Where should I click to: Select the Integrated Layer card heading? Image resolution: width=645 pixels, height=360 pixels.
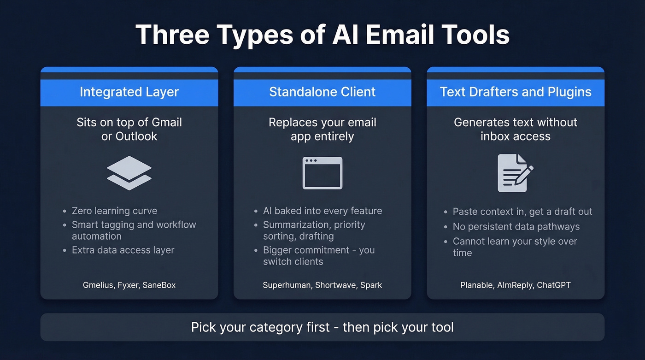pyautogui.click(x=129, y=92)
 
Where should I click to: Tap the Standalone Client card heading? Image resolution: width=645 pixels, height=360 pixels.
pyautogui.click(x=322, y=92)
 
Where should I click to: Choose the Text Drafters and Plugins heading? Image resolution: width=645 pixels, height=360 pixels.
pyautogui.click(x=516, y=92)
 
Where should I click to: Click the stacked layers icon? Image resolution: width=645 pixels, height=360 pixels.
pyautogui.click(x=129, y=173)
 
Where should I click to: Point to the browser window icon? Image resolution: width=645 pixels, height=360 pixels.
pyautogui.click(x=322, y=173)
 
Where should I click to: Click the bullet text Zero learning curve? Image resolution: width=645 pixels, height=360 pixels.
pyautogui.click(x=114, y=211)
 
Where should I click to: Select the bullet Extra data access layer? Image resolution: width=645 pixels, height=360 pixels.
pyautogui.click(x=123, y=250)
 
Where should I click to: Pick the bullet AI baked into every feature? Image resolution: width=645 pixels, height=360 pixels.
pyautogui.click(x=322, y=211)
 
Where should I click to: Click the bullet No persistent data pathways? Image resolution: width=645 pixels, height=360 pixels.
pyautogui.click(x=516, y=226)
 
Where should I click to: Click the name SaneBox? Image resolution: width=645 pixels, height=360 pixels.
pyautogui.click(x=159, y=285)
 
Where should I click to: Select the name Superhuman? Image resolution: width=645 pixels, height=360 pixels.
pyautogui.click(x=287, y=285)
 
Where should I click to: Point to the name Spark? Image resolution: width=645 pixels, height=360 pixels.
pyautogui.click(x=371, y=285)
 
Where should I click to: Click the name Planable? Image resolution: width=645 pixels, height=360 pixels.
pyautogui.click(x=477, y=285)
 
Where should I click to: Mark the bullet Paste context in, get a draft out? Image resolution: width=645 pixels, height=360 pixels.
pyautogui.click(x=522, y=212)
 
